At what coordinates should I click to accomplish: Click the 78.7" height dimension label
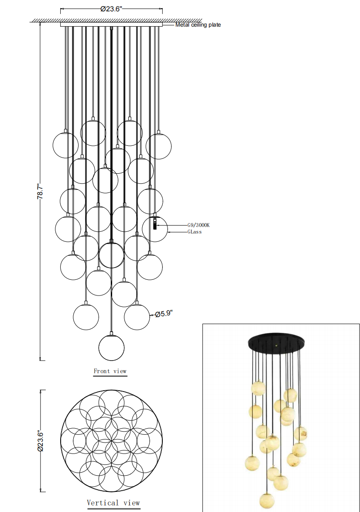pyautogui.click(x=39, y=191)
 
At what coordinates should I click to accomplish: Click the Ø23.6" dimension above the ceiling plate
pyautogui.click(x=111, y=9)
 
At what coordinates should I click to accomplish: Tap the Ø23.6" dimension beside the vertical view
pyautogui.click(x=40, y=440)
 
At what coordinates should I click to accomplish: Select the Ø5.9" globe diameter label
pyautogui.click(x=165, y=313)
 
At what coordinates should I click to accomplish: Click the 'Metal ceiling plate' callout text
pyautogui.click(x=198, y=25)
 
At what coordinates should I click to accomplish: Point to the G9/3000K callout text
pyautogui.click(x=199, y=225)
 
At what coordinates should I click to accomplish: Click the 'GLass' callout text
pyautogui.click(x=195, y=232)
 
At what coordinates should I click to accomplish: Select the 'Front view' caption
pyautogui.click(x=110, y=371)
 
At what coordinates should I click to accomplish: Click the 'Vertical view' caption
pyautogui.click(x=113, y=503)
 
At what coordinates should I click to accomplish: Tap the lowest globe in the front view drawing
pyautogui.click(x=112, y=347)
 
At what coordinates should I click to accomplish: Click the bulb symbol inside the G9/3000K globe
pyautogui.click(x=154, y=224)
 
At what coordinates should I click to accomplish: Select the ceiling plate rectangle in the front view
pyautogui.click(x=111, y=25)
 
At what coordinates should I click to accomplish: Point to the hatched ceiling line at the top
pyautogui.click(x=116, y=20)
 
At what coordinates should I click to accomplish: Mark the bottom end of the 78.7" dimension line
pyautogui.click(x=41, y=360)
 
